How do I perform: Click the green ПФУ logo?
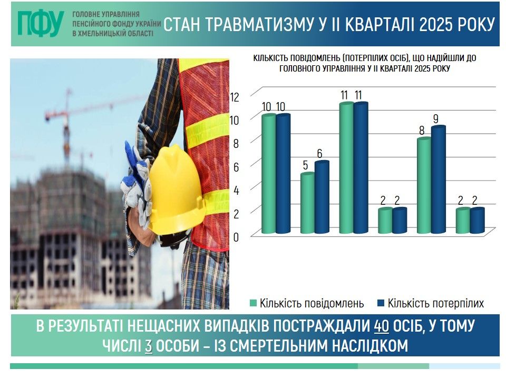[41, 23]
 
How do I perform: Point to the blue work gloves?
[137, 184]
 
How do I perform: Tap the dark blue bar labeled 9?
[438, 179]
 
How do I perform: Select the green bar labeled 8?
[424, 185]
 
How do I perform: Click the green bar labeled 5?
[307, 203]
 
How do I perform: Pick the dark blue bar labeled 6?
[322, 197]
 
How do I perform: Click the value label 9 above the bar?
[436, 119]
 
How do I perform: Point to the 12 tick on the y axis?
[235, 97]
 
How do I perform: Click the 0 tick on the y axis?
[236, 237]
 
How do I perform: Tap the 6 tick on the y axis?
[236, 167]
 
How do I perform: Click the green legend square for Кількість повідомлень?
[254, 303]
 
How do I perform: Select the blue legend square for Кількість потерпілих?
[381, 303]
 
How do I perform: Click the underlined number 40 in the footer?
[382, 326]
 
